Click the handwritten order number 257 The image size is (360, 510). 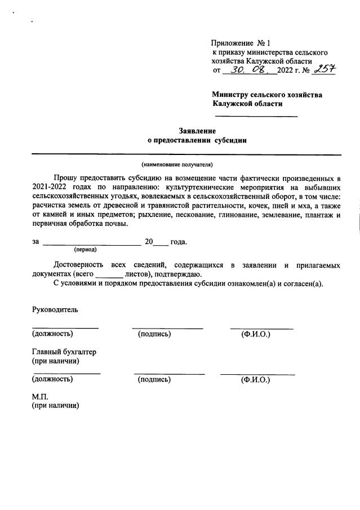click(324, 69)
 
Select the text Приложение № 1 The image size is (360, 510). click(241, 43)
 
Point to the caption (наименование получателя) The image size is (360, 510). click(177, 165)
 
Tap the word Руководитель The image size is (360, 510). click(55, 309)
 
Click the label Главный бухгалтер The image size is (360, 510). click(64, 352)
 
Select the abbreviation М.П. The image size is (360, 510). click(42, 396)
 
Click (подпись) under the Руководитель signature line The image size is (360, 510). click(154, 335)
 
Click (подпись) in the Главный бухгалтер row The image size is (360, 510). click(154, 380)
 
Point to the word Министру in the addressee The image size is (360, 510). click(230, 95)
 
